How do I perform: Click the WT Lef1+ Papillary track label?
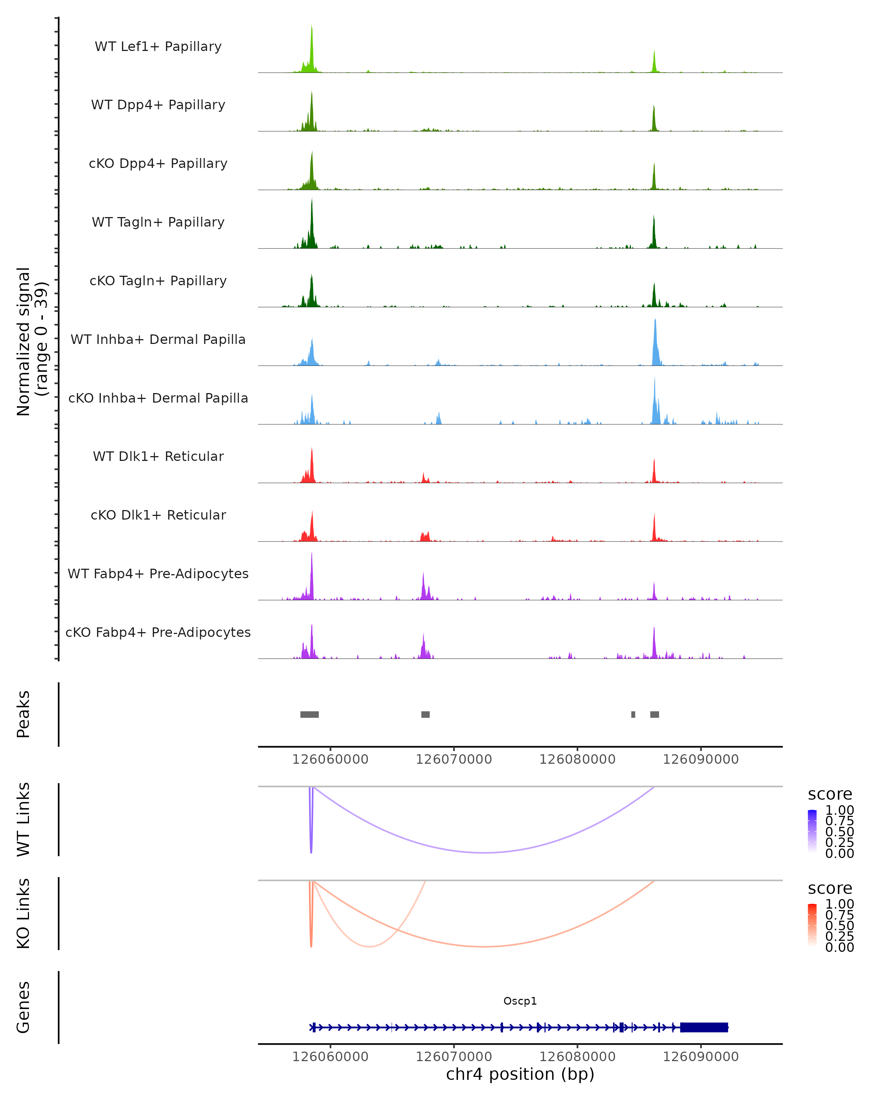pos(158,47)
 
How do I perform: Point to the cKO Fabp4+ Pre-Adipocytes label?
pos(158,632)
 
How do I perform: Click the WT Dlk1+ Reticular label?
pos(158,456)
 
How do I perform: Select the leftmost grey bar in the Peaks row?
pos(309,714)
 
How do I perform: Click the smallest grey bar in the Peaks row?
pos(633,714)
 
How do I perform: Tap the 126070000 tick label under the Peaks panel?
pos(454,760)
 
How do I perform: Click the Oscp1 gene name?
pos(520,1001)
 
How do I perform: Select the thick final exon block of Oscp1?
pos(704,1027)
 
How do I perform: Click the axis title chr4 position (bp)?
pos(520,1074)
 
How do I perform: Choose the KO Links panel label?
pos(23,914)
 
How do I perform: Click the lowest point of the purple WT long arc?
pos(485,852)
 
